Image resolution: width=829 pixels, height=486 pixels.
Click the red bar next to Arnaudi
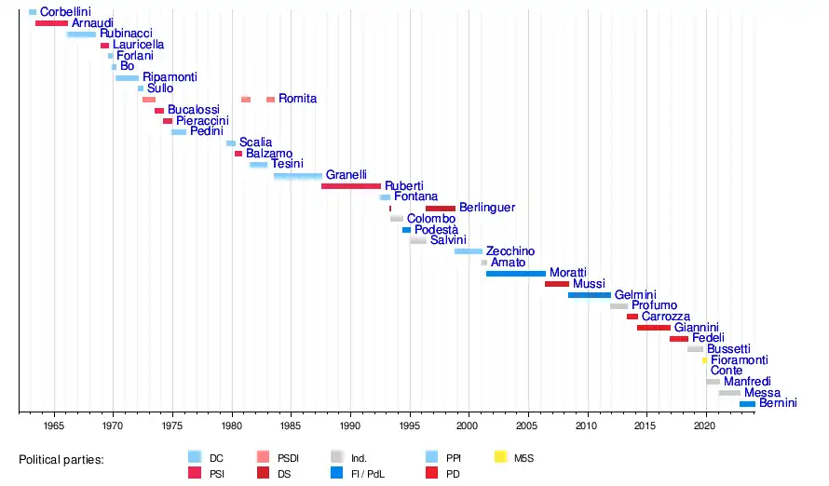pos(51,22)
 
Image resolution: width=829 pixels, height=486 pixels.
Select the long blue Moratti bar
pos(515,274)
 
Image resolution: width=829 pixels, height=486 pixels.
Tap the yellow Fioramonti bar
pos(705,360)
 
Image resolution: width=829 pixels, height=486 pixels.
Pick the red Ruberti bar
pos(351,186)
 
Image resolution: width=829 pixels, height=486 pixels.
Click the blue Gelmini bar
pos(590,295)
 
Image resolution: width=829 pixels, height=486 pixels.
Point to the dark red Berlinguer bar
pos(441,209)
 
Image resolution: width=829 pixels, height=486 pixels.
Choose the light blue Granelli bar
pos(298,176)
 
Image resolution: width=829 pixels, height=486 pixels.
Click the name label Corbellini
pos(65,12)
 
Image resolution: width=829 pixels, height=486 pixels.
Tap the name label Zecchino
pos(510,251)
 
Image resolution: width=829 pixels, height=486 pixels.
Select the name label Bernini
pos(778,404)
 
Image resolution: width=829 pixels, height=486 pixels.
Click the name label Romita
pos(297,99)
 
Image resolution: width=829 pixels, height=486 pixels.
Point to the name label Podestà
pos(436,230)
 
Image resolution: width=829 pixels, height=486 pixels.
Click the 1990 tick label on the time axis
pos(350,425)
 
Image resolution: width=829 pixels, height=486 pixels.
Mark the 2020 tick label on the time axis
pos(705,425)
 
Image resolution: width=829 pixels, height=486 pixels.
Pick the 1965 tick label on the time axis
pos(54,425)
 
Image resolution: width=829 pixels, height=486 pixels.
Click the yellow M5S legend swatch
pos(500,457)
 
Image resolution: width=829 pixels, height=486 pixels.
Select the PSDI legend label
pos(290,458)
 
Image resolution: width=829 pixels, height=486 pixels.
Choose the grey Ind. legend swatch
pos(337,457)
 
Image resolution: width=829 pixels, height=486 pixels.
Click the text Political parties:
pos(61,459)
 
